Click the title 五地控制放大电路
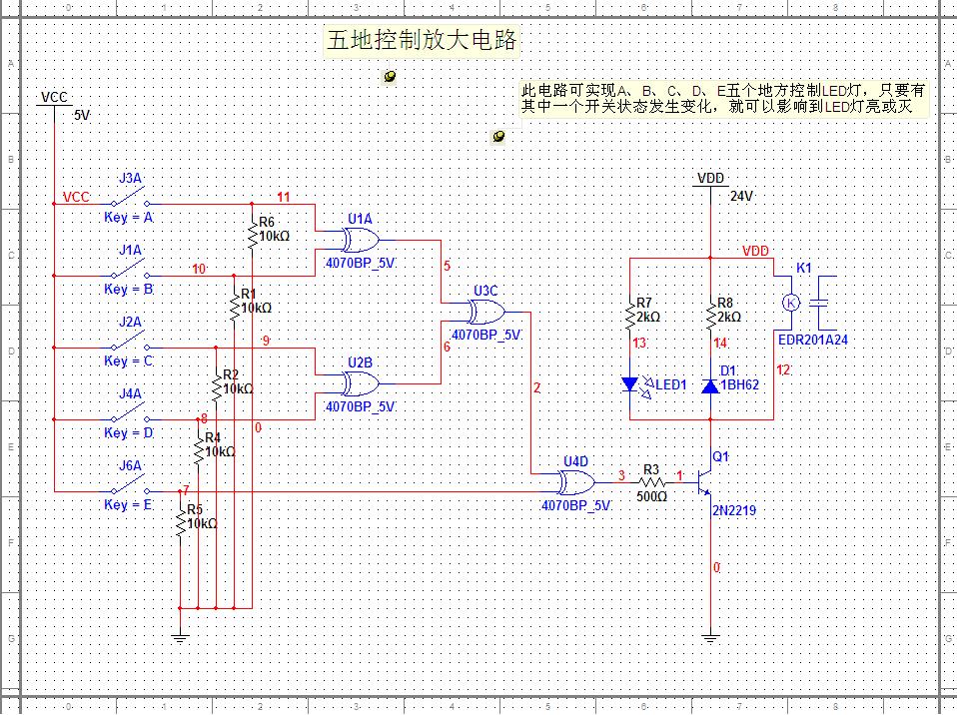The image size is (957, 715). click(423, 41)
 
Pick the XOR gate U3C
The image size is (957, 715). click(486, 313)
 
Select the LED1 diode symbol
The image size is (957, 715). click(630, 383)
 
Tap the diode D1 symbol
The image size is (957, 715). click(709, 385)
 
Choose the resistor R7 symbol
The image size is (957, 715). click(630, 318)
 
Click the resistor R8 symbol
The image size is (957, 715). click(709, 318)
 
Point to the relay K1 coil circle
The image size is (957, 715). click(790, 302)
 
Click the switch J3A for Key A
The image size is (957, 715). click(130, 203)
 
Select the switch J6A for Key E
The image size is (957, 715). click(130, 490)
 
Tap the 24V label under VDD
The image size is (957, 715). click(740, 197)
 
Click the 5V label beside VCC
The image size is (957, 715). click(82, 116)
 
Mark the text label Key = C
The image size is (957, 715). click(129, 360)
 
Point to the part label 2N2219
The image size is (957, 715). click(734, 511)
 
